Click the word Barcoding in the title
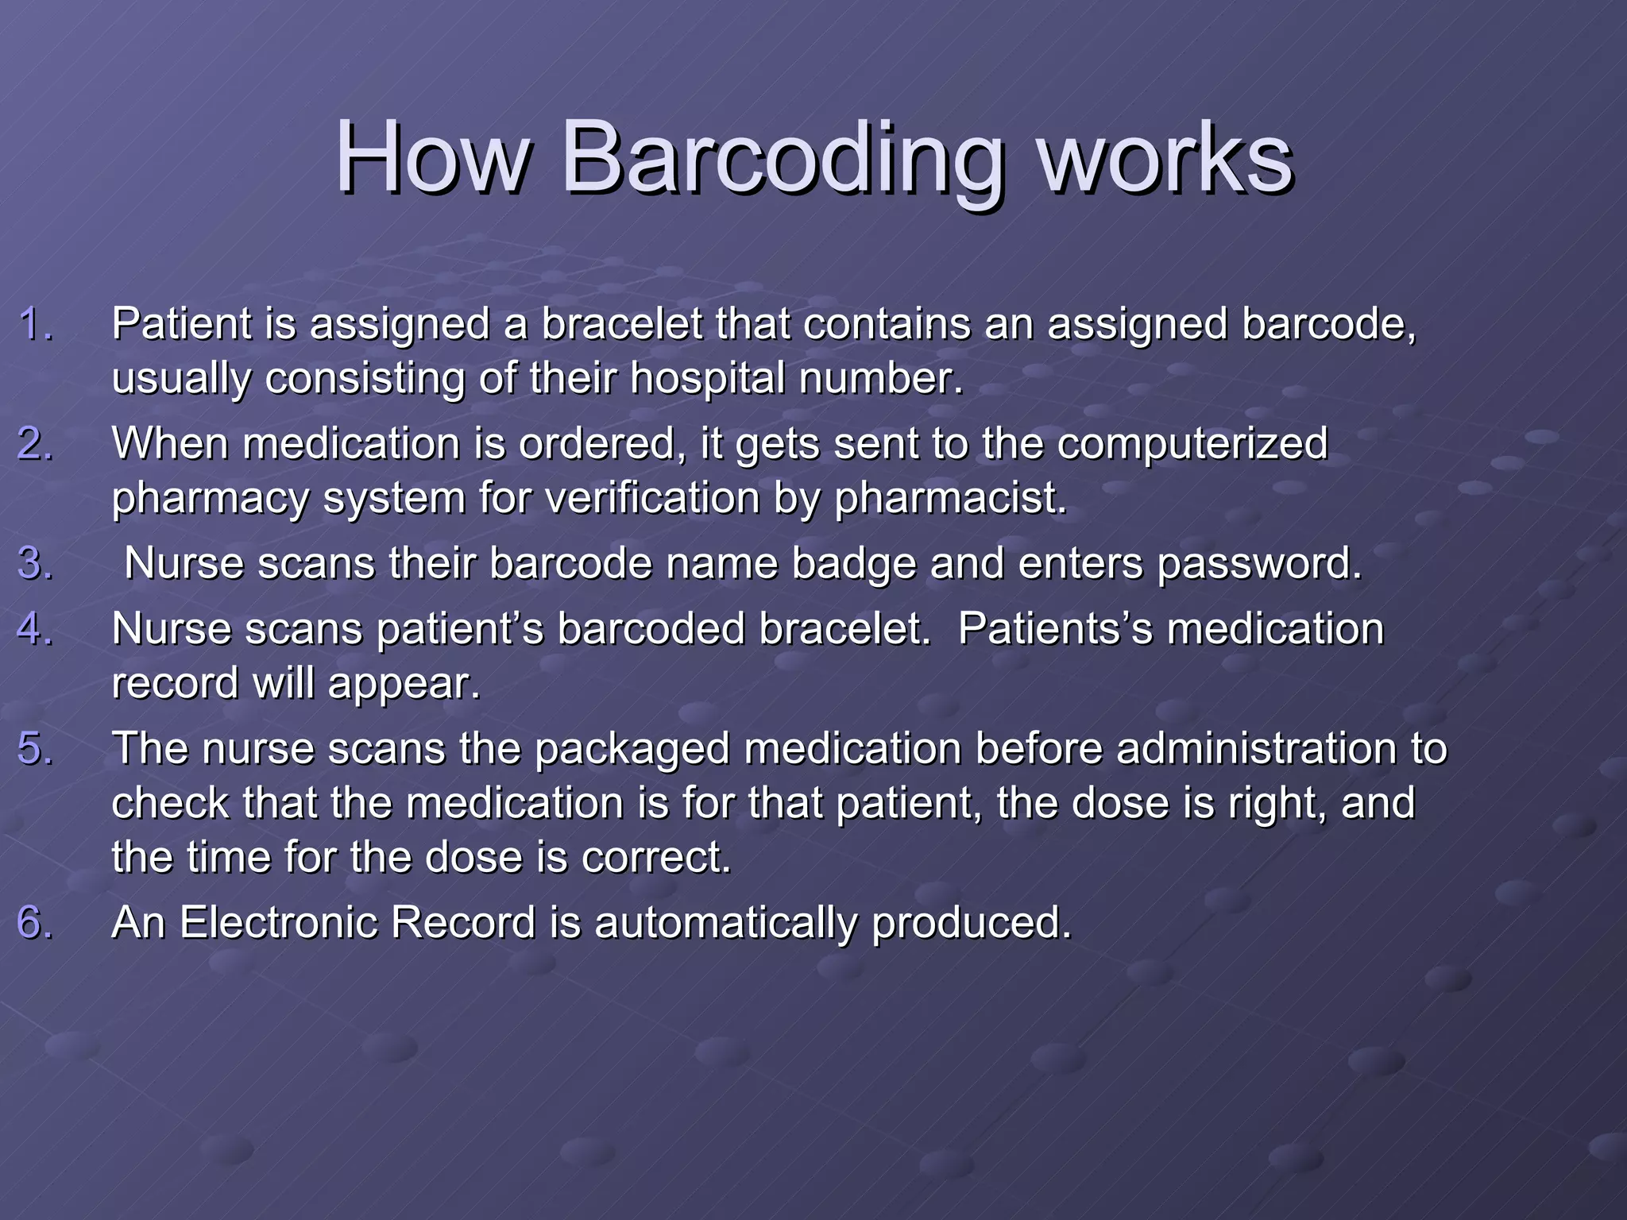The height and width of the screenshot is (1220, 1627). pyautogui.click(x=783, y=159)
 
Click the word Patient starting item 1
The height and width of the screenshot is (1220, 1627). pyautogui.click(x=181, y=324)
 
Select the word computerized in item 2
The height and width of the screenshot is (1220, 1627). pyautogui.click(x=1192, y=443)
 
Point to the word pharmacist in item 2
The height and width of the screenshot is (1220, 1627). pyautogui.click(x=949, y=499)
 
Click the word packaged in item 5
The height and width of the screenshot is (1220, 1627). pyautogui.click(x=632, y=750)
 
